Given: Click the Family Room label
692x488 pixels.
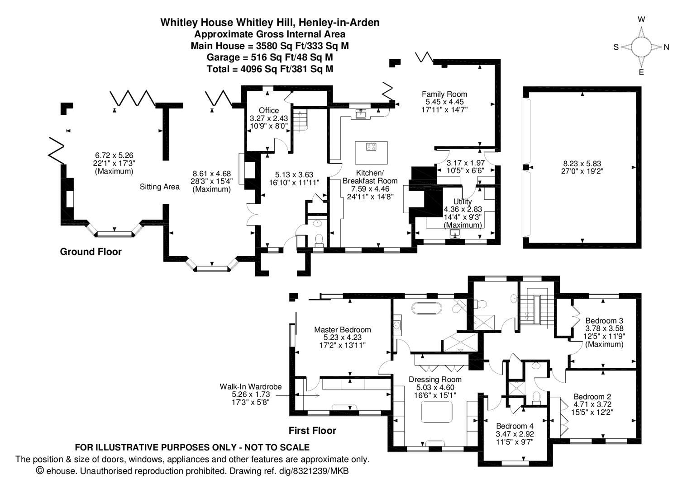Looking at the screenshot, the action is (444, 94).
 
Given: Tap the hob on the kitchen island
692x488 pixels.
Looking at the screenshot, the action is (372, 146).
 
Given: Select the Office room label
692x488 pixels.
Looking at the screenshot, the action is (269, 110).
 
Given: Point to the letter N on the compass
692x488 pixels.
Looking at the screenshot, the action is (667, 47).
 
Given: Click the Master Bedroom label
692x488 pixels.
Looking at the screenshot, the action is (342, 330).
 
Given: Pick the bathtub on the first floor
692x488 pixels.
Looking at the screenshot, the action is (426, 309).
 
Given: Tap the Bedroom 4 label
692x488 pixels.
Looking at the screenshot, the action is (515, 426).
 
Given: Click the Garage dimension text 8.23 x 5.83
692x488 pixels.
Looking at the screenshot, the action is (582, 164).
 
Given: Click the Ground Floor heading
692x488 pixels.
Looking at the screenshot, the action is (91, 252).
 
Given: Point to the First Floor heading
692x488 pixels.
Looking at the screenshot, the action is (312, 431).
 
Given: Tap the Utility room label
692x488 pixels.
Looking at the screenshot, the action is (463, 202).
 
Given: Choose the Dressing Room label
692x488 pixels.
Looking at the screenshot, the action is (435, 380).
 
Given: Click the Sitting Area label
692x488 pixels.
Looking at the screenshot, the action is (159, 187).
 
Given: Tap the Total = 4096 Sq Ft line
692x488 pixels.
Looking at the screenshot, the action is (270, 69).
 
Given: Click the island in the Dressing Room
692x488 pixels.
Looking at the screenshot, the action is (437, 412).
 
